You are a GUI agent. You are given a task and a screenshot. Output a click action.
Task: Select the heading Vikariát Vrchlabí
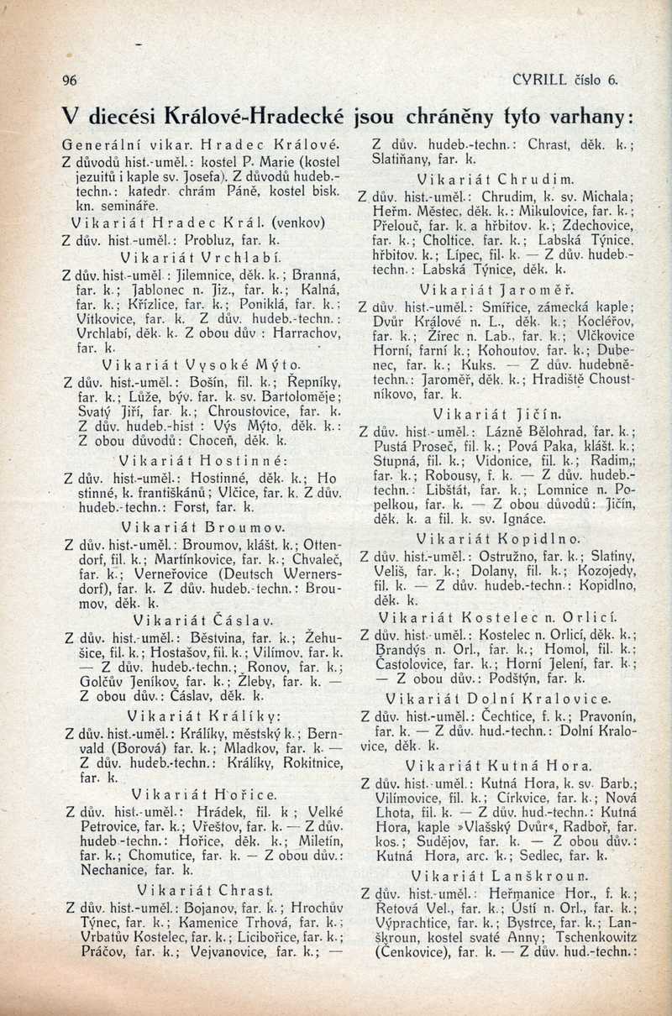201,257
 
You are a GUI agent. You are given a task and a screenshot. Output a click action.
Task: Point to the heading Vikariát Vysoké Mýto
200,364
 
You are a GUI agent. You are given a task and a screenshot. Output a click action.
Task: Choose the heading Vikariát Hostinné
204,460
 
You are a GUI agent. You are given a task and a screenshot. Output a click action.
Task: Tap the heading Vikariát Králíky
204,715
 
